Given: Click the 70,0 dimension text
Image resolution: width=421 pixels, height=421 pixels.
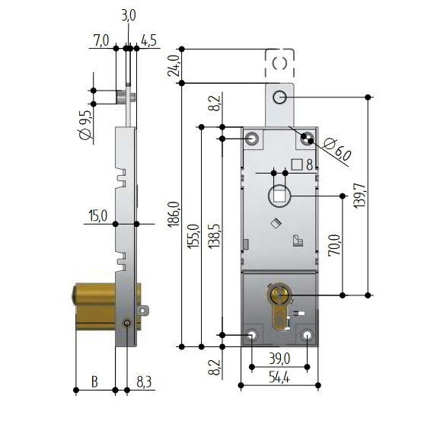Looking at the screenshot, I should pyautogui.click(x=333, y=247).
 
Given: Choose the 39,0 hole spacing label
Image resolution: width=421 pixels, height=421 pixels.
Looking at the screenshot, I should pyautogui.click(x=279, y=359).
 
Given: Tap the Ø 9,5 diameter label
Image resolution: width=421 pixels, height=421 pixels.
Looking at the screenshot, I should pyautogui.click(x=85, y=123).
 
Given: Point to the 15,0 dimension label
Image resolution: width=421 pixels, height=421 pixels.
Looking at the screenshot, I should pyautogui.click(x=97, y=216).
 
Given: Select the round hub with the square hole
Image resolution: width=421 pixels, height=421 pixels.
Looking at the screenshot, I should pyautogui.click(x=279, y=197).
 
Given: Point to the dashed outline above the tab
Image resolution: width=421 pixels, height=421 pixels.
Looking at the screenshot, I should pyautogui.click(x=279, y=63).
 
